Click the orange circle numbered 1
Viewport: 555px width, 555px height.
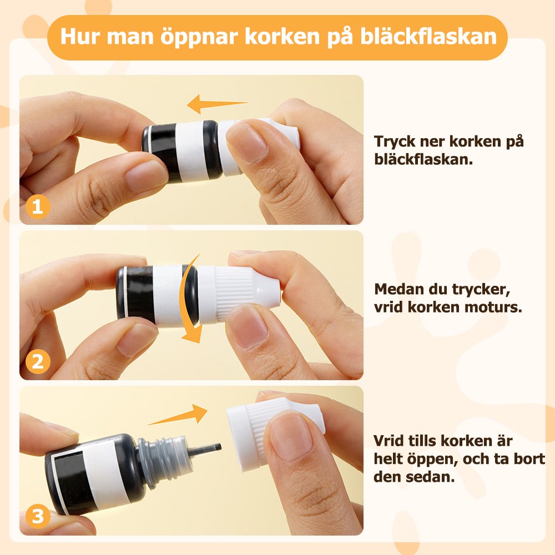pos(38,206)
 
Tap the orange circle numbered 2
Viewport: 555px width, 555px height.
pos(38,362)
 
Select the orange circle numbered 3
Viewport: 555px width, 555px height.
pos(38,516)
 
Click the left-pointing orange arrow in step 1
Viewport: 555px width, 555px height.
pos(217,104)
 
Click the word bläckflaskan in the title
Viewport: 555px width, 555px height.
pos(428,36)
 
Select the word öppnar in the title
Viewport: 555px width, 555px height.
pos(199,37)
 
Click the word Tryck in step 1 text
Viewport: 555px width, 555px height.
pos(395,142)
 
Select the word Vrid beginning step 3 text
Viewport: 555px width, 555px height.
pos(389,441)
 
